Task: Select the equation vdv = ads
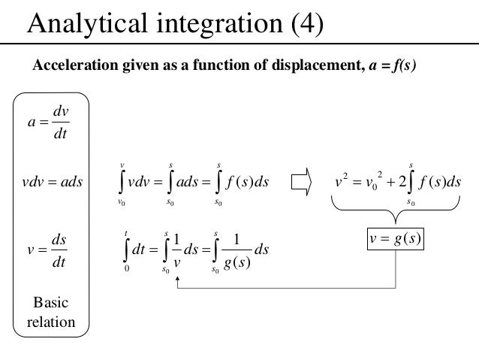point(51,182)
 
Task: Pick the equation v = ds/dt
point(50,251)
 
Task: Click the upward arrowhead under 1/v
point(177,279)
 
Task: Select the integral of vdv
point(134,181)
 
